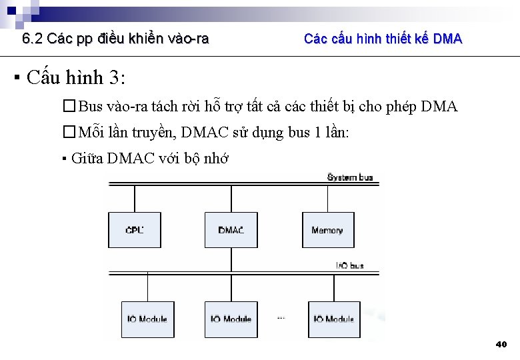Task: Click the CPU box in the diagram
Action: (134, 230)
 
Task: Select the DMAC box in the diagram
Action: (231, 230)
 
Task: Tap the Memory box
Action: (327, 230)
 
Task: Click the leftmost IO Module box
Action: (147, 319)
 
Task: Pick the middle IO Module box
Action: (231, 319)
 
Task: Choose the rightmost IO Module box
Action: (334, 319)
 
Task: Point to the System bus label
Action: (350, 177)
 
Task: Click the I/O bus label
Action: (349, 265)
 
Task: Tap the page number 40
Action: (501, 344)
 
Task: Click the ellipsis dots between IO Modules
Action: (281, 319)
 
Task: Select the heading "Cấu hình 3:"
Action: (76, 78)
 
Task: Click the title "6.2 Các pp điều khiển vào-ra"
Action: (115, 39)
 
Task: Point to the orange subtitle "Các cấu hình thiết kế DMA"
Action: (383, 39)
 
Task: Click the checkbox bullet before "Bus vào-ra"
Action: (69, 107)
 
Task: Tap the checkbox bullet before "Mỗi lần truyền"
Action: (69, 132)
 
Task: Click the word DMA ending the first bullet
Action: (439, 107)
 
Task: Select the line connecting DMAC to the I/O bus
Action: (231, 259)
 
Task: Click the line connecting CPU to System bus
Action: (134, 198)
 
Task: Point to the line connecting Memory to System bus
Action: (327, 198)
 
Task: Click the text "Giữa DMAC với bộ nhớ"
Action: (149, 159)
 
